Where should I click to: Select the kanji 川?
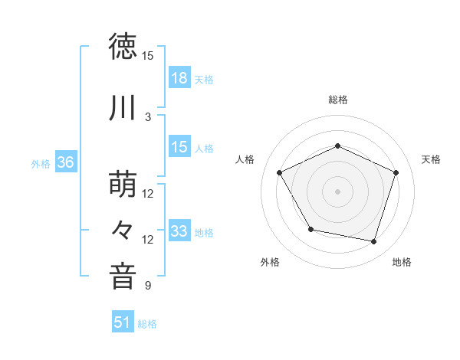pyautogui.click(x=123, y=108)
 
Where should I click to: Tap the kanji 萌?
pyautogui.click(x=123, y=185)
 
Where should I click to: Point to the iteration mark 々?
pyautogui.click(x=123, y=230)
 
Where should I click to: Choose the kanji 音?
pyautogui.click(x=123, y=277)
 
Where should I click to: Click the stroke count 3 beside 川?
pyautogui.click(x=148, y=116)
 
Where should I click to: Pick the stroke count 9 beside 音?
pyautogui.click(x=148, y=286)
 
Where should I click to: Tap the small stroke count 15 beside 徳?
pyautogui.click(x=148, y=56)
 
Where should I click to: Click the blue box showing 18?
pyautogui.click(x=179, y=78)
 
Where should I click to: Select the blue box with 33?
pyautogui.click(x=179, y=231)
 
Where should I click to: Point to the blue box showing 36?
pyautogui.click(x=65, y=163)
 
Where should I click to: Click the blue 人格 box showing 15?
pyautogui.click(x=179, y=147)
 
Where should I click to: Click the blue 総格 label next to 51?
pyautogui.click(x=147, y=324)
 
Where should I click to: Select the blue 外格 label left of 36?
pyautogui.click(x=41, y=164)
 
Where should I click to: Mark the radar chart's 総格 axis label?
pyautogui.click(x=338, y=100)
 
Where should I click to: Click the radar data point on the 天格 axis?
pyautogui.click(x=396, y=172)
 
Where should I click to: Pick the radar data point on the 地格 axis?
pyautogui.click(x=374, y=242)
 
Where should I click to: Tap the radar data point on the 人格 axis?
pyautogui.click(x=280, y=172)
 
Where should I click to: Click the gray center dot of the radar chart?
pyautogui.click(x=338, y=191)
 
